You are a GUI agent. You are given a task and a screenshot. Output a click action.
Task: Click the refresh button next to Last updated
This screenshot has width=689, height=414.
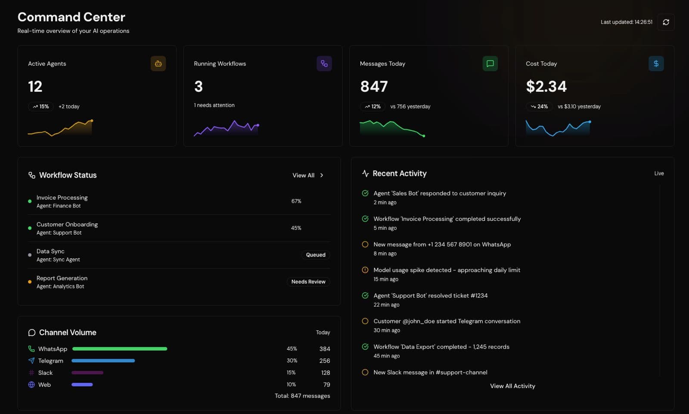(666, 22)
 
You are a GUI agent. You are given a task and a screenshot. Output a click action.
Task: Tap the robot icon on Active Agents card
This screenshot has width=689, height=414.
(158, 63)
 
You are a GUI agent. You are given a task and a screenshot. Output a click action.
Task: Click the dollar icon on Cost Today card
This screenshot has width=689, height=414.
(656, 63)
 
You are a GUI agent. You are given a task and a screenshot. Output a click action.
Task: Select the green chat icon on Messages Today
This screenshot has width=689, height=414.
(490, 63)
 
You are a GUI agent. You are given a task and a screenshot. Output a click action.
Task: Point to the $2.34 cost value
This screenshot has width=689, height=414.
(546, 87)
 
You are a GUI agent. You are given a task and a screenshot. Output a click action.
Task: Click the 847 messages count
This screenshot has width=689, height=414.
(374, 87)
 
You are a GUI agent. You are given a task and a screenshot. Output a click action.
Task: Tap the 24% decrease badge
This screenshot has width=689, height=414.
(539, 107)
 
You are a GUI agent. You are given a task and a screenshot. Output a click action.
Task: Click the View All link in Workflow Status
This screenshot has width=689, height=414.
(307, 175)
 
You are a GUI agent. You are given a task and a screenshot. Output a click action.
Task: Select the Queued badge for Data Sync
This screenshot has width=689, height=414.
(316, 255)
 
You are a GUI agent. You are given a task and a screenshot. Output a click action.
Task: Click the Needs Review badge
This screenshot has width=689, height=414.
(308, 282)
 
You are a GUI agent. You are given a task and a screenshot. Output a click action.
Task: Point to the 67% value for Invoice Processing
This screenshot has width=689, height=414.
(296, 201)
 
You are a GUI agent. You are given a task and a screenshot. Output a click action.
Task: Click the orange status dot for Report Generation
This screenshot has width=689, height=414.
(30, 282)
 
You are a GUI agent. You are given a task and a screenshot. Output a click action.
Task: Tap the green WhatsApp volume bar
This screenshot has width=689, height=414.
(120, 348)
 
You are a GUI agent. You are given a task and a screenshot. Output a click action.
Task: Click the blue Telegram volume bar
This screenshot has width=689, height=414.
(103, 361)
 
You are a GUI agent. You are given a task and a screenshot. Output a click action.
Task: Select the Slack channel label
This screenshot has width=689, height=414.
(45, 373)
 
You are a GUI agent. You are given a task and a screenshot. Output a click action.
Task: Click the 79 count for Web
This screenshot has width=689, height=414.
(326, 385)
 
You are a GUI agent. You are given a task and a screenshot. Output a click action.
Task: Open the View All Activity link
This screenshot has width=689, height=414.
(512, 386)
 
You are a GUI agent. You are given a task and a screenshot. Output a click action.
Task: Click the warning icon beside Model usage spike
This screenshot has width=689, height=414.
(365, 270)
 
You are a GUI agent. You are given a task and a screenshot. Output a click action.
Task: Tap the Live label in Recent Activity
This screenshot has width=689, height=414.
(659, 173)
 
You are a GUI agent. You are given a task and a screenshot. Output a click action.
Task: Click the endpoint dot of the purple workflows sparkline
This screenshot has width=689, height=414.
(258, 125)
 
